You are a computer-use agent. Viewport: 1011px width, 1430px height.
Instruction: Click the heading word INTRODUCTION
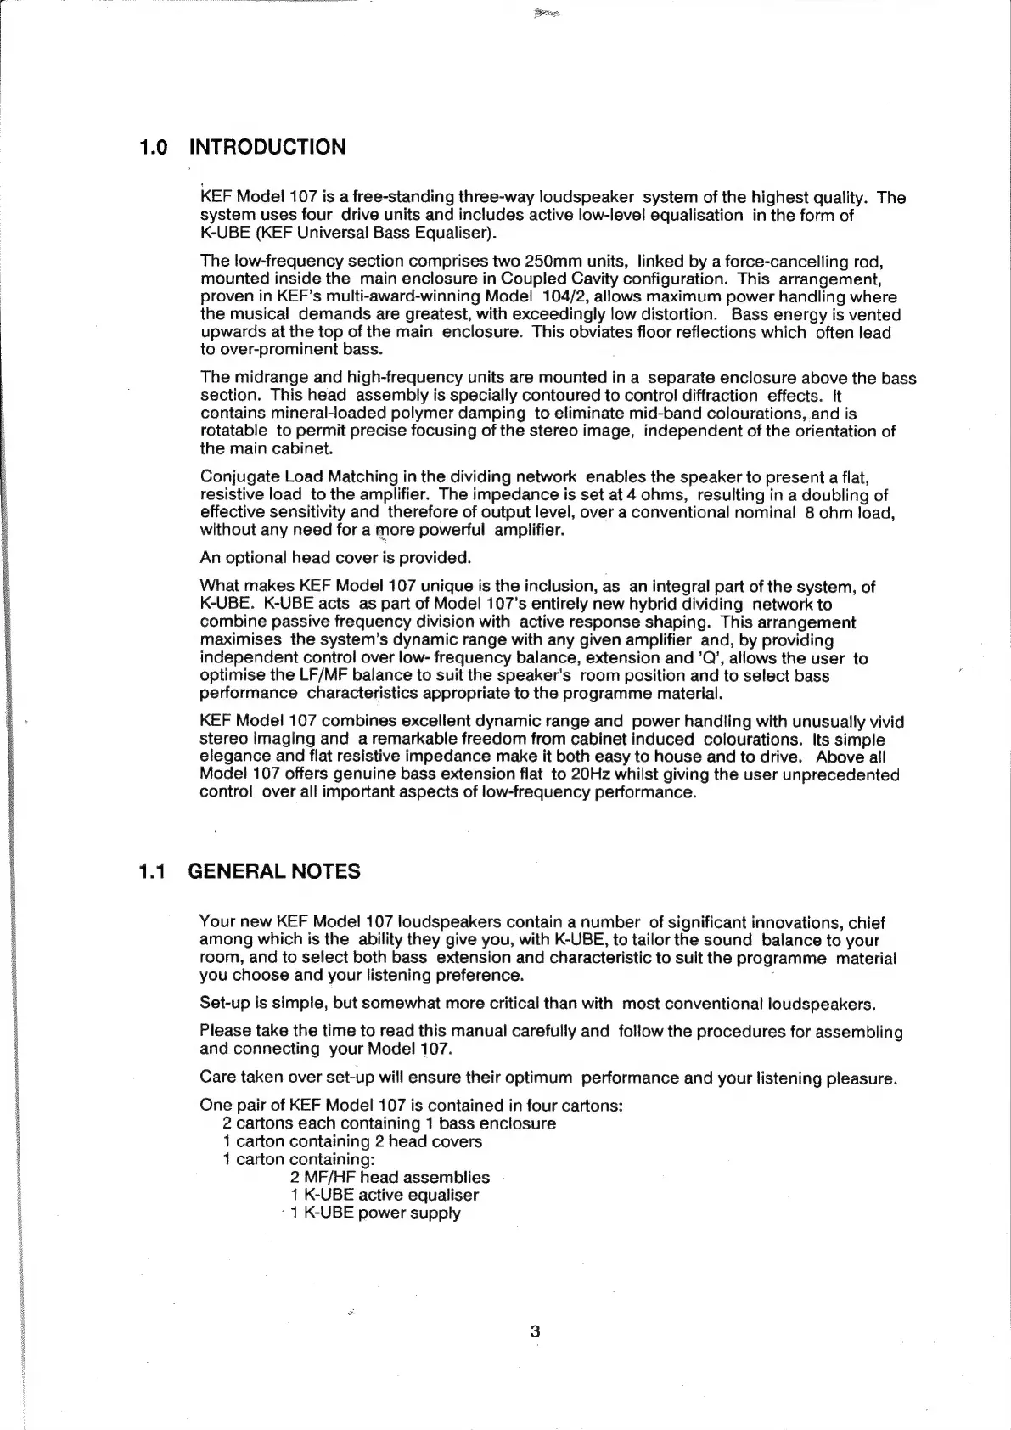[267, 147]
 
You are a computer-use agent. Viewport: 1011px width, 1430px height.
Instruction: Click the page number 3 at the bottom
[535, 1331]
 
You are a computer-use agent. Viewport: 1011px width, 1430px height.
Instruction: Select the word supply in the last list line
[435, 1213]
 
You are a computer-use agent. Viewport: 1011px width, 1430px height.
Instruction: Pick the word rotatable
[233, 431]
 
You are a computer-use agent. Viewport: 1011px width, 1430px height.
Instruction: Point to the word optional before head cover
[255, 558]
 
